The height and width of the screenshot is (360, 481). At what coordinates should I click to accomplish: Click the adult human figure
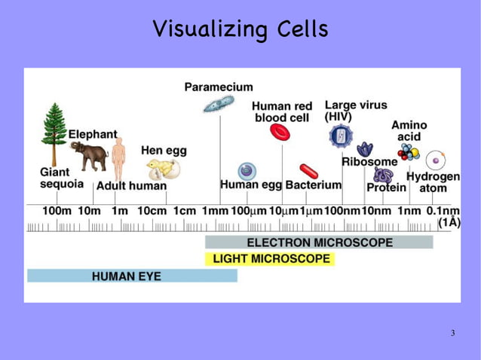click(118, 158)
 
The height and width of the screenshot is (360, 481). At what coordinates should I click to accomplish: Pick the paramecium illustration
click(218, 103)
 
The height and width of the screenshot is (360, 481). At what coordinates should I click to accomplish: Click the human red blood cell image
click(280, 133)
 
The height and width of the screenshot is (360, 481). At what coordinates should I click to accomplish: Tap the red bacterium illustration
click(308, 171)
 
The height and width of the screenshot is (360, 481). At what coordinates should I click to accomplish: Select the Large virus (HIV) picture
click(341, 136)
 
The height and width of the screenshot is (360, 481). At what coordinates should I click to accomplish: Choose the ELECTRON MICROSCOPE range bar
click(319, 243)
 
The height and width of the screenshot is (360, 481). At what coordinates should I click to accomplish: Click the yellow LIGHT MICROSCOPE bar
click(270, 259)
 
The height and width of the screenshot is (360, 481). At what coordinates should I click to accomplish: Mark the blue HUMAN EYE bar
click(132, 276)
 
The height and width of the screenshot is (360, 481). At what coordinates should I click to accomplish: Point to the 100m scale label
click(57, 212)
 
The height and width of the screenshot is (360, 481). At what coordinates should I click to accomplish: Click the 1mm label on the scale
click(215, 212)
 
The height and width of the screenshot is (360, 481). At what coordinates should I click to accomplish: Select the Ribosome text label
click(369, 162)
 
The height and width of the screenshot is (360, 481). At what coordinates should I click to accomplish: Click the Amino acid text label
click(409, 130)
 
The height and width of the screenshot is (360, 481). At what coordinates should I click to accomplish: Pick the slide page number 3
click(452, 333)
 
